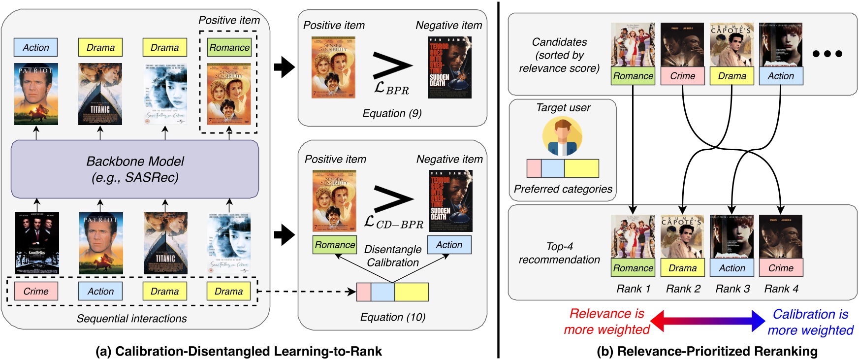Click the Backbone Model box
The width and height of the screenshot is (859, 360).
135,169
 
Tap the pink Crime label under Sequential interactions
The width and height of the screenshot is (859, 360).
36,291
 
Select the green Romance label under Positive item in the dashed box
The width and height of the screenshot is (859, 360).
229,48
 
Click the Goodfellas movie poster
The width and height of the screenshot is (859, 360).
37,243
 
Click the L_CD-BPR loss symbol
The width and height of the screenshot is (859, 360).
393,223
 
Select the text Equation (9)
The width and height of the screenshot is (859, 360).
392,113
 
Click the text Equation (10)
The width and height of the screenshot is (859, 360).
392,317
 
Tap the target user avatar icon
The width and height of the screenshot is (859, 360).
562,137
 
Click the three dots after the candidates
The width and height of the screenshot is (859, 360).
827,54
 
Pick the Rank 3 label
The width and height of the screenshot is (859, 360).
732,289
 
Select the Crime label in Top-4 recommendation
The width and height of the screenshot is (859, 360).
781,268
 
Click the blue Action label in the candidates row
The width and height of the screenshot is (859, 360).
781,76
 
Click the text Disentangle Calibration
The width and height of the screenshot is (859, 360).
392,256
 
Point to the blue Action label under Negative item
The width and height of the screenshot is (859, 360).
449,245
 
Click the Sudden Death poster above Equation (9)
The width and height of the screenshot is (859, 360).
449,67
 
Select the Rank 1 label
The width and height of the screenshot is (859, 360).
633,289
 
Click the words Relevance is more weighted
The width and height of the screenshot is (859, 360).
606,322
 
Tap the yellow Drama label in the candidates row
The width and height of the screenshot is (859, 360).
732,76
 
